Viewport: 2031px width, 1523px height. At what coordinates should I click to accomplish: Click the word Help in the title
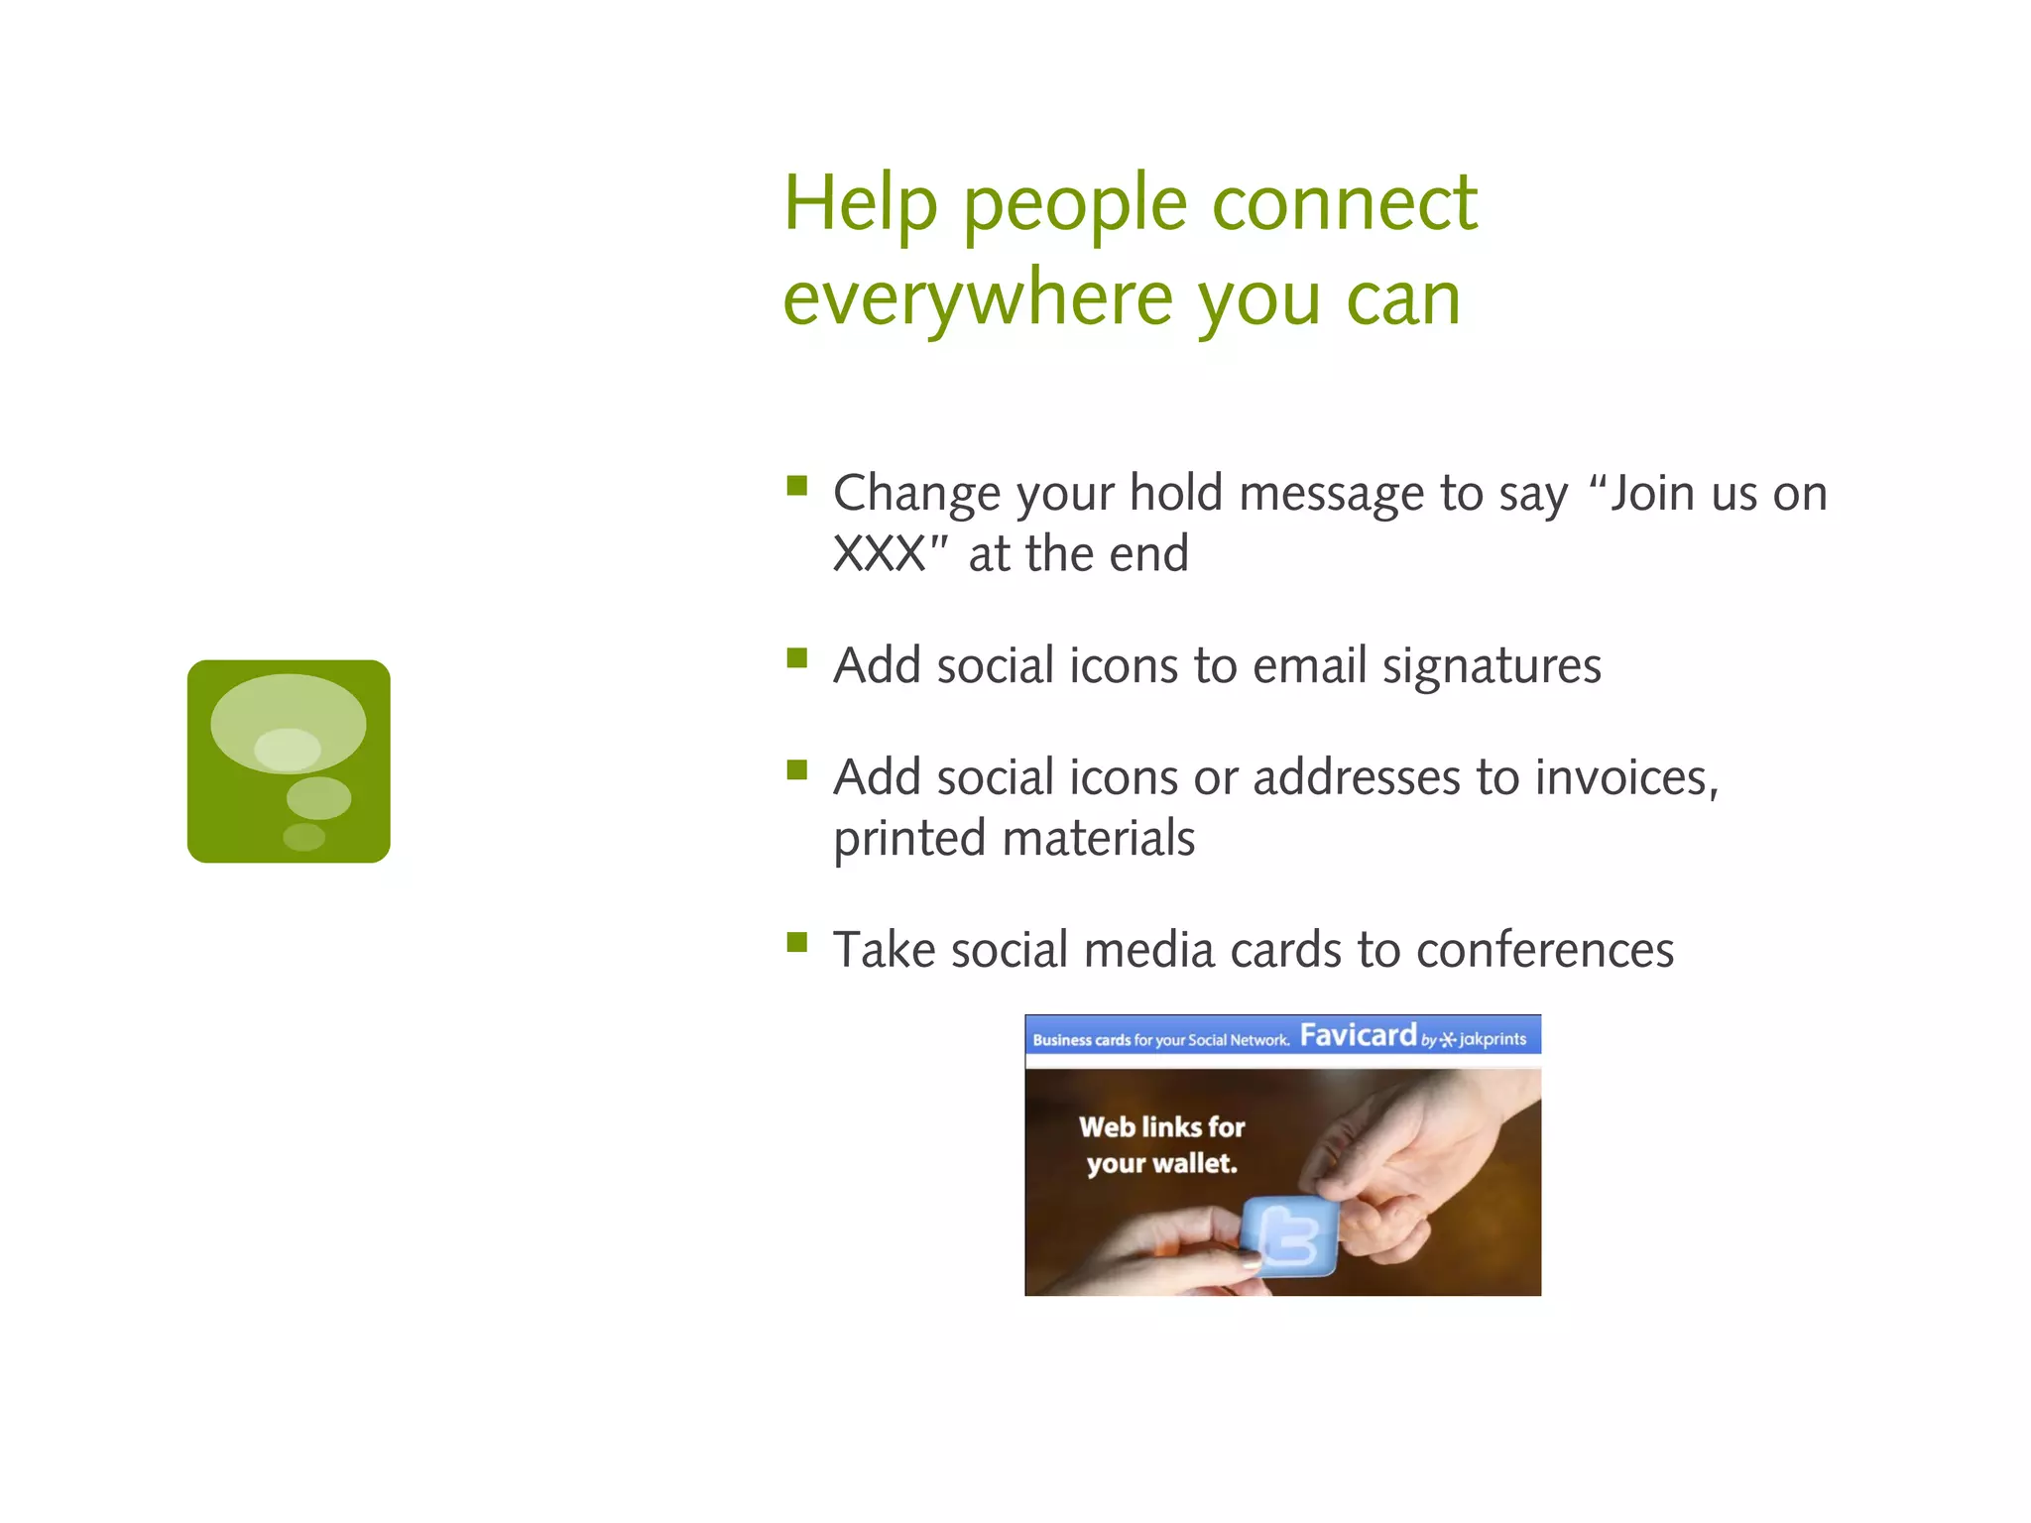[x=859, y=203]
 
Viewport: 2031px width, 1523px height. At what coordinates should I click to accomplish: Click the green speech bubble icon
[x=289, y=761]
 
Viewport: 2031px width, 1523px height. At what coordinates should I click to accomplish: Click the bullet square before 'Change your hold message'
[x=796, y=486]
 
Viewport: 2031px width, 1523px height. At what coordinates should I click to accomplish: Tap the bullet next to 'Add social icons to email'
[x=796, y=658]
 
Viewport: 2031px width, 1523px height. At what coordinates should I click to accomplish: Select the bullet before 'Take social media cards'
[x=796, y=942]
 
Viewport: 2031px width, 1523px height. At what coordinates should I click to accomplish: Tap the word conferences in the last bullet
[x=1544, y=951]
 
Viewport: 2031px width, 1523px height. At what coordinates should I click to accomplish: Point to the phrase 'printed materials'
[x=1014, y=839]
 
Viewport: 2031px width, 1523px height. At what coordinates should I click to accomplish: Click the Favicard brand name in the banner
[x=1358, y=1036]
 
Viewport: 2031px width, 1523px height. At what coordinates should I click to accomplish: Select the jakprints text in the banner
[x=1492, y=1039]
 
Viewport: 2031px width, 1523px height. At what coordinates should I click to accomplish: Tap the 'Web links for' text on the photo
[x=1161, y=1127]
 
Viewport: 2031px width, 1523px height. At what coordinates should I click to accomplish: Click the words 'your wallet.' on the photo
[x=1161, y=1164]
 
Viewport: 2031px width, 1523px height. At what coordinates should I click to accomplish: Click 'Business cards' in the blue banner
[x=1081, y=1040]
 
